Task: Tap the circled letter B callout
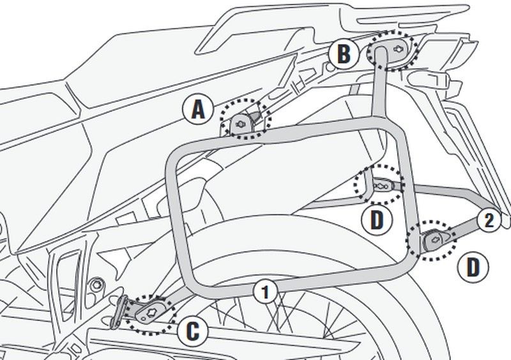344,54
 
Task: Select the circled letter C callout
195,331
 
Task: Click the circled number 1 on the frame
265,292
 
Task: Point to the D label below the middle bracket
377,220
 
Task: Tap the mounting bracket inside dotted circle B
393,49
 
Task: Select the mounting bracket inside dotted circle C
152,312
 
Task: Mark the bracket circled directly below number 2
432,239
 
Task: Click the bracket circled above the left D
381,184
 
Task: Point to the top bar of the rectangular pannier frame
281,135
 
